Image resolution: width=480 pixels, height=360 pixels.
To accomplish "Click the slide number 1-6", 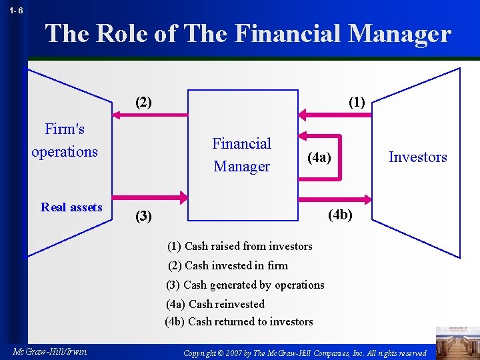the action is coord(16,11).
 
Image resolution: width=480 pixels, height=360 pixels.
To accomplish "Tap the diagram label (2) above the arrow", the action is coord(143,103).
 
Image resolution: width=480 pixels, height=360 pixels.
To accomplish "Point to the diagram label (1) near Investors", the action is coord(357,103).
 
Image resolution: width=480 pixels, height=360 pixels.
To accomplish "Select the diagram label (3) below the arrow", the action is coord(143,216).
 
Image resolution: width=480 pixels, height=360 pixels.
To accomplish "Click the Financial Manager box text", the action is coord(241,155).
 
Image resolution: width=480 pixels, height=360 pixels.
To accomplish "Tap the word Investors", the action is coord(418,157).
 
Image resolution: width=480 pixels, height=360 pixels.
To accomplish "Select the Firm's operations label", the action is coord(65,140).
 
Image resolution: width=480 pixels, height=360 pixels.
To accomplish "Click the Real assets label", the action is coord(71,207).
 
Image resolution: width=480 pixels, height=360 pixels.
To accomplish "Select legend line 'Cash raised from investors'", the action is coord(240,246).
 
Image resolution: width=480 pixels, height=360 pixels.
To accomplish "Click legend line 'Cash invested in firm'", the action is coord(228,265).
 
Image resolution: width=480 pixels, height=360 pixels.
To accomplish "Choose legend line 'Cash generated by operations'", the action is coord(245,285).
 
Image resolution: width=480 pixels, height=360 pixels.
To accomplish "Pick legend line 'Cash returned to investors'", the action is coord(239,321).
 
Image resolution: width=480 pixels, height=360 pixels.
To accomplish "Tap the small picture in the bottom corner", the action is coord(457,341).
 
